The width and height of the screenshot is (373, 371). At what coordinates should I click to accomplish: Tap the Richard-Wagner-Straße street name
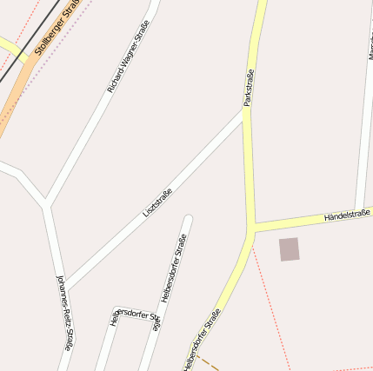point(128,57)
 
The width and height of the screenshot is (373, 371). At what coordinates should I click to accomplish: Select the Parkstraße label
point(249,87)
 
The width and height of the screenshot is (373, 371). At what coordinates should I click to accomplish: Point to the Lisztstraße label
point(157,202)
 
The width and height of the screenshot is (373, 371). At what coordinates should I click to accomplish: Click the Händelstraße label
point(347,214)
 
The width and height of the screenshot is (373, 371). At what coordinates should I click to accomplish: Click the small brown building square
point(289,249)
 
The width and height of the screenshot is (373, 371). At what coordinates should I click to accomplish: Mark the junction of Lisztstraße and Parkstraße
point(245,111)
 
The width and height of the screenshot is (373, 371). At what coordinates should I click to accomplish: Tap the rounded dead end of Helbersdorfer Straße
point(187,219)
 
